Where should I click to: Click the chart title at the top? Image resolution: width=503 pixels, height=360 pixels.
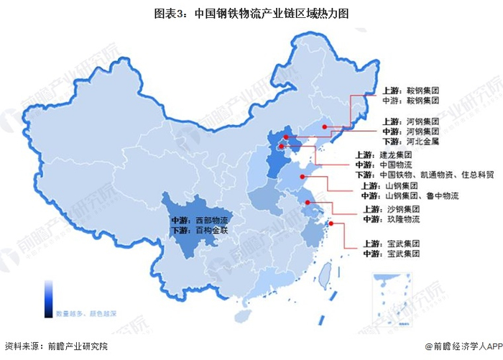tap(251, 13)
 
